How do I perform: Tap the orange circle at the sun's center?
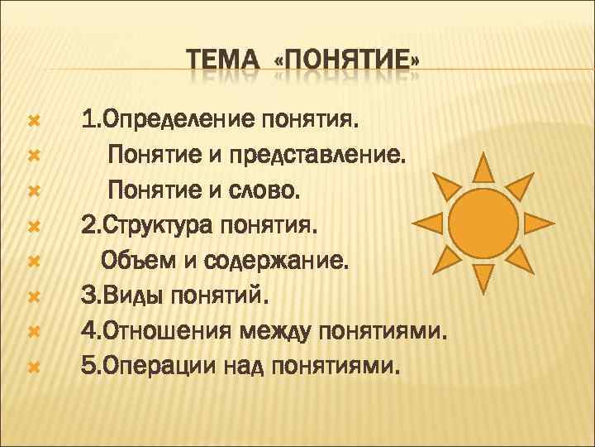point(484,222)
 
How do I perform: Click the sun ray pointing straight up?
point(484,167)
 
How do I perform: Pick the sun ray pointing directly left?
point(428,222)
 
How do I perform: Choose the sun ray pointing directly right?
point(540,222)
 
